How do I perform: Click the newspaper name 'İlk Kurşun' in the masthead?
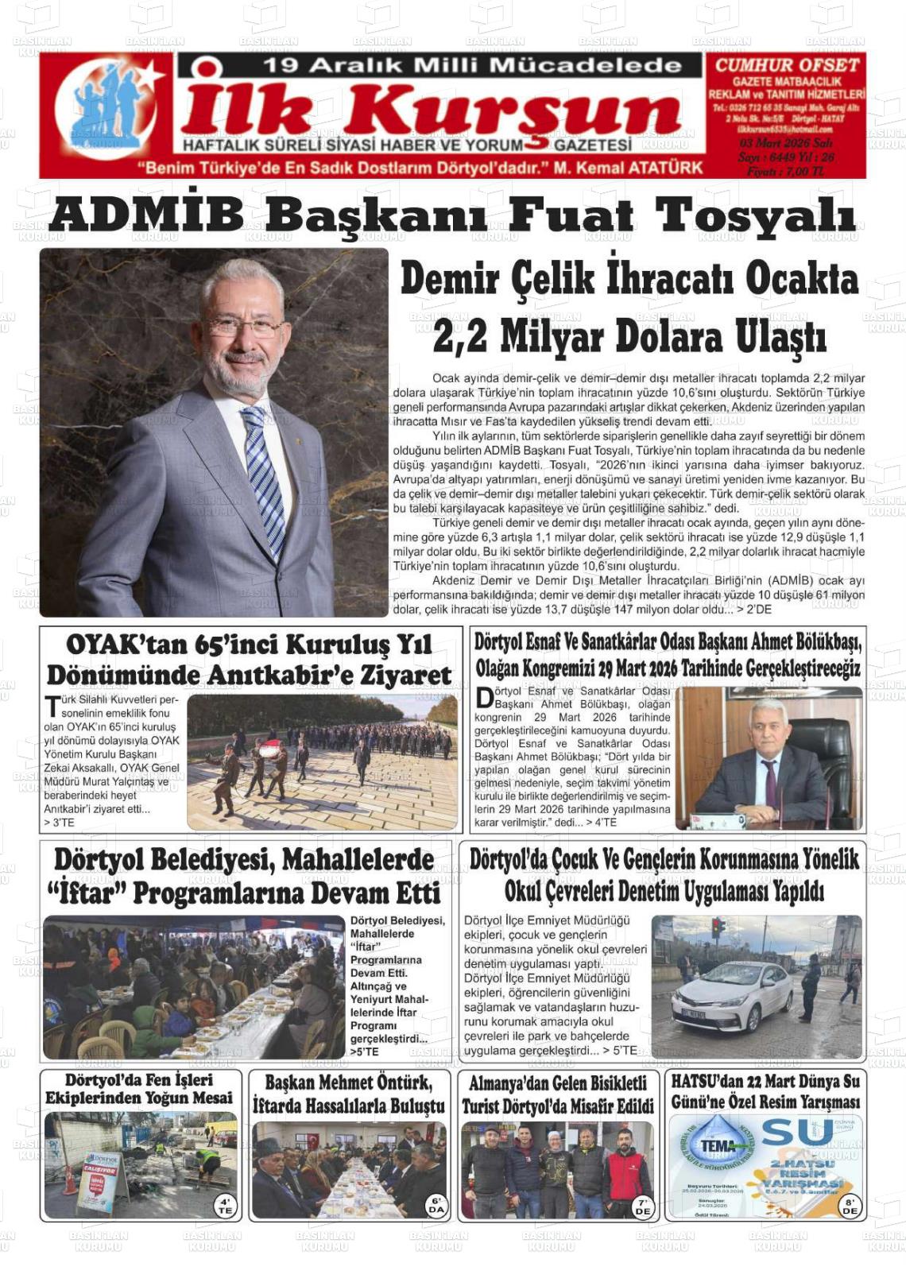429,111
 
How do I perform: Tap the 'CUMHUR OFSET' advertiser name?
787,65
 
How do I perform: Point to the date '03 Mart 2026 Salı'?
785,143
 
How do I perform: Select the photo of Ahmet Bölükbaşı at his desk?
769,759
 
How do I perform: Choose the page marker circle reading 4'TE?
225,1205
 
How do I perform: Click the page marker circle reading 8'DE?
850,1206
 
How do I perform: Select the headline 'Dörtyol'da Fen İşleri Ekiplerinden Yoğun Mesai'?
139,1089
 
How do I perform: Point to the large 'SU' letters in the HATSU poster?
786,1133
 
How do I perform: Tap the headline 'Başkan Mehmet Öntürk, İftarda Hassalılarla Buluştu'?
348,1094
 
